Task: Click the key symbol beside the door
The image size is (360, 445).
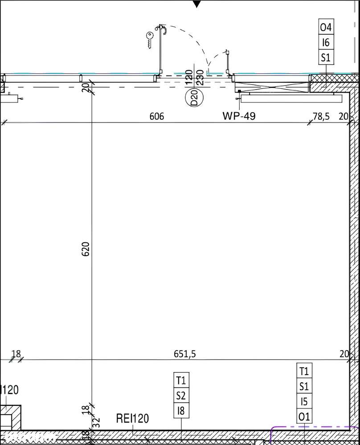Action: (x=149, y=40)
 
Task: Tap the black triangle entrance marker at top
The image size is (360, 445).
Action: (x=196, y=4)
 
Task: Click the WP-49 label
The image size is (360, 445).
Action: (x=239, y=116)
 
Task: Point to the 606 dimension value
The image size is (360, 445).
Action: (x=156, y=116)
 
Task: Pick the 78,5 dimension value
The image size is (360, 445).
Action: (x=321, y=116)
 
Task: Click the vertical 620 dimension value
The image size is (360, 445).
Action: (x=86, y=249)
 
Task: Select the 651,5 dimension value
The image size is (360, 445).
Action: (x=184, y=354)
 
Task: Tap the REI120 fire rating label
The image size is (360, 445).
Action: (x=132, y=419)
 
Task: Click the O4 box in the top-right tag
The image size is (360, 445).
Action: (x=326, y=28)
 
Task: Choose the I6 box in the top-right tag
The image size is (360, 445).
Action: (x=326, y=42)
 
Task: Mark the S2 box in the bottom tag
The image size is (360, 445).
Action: (x=181, y=395)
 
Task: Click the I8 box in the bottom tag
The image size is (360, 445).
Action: (x=181, y=410)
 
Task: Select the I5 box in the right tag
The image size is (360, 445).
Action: (x=304, y=402)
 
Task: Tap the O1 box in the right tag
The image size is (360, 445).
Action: (x=304, y=417)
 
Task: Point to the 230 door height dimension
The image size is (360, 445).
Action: (x=200, y=76)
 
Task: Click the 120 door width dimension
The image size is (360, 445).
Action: (x=188, y=76)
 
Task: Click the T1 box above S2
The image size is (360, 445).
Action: (x=181, y=380)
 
